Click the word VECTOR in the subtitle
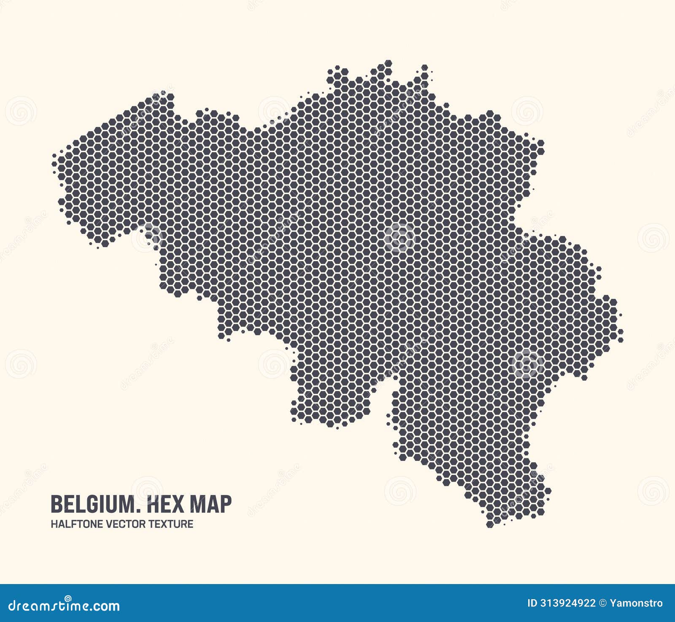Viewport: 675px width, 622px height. click(118, 524)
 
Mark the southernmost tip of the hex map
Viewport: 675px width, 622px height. click(491, 526)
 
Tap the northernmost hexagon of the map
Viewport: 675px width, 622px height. click(388, 64)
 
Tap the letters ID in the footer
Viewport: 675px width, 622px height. click(532, 603)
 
